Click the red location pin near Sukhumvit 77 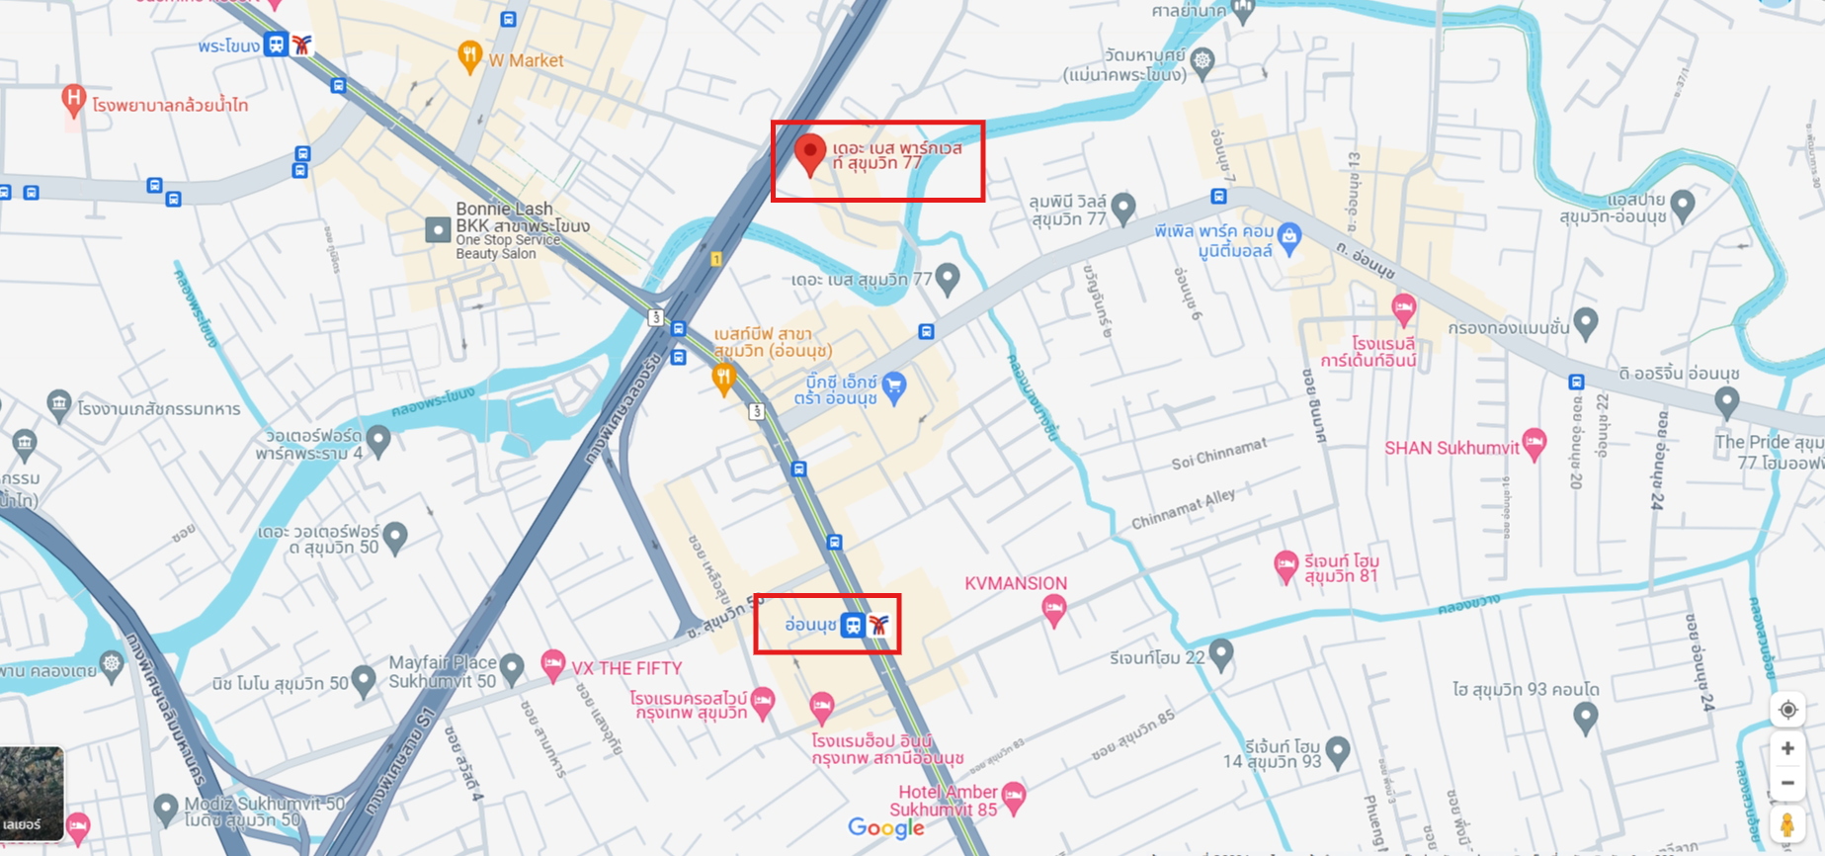pyautogui.click(x=810, y=153)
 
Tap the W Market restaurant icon pyautogui.click(x=470, y=55)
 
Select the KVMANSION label pyautogui.click(x=1015, y=584)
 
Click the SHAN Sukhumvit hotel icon pyautogui.click(x=1534, y=443)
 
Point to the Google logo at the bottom pyautogui.click(x=886, y=828)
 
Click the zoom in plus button pyautogui.click(x=1787, y=748)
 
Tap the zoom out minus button pyautogui.click(x=1787, y=783)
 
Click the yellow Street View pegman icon pyautogui.click(x=1787, y=825)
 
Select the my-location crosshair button pyautogui.click(x=1787, y=710)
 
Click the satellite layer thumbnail pyautogui.click(x=32, y=794)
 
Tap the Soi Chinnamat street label pyautogui.click(x=1218, y=455)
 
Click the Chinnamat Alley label pyautogui.click(x=1183, y=509)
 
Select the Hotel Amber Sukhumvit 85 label pyautogui.click(x=946, y=801)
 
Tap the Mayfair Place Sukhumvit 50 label pyautogui.click(x=442, y=671)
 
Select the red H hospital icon pyautogui.click(x=72, y=99)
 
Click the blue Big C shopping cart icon pyautogui.click(x=894, y=385)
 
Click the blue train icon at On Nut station pyautogui.click(x=853, y=625)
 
